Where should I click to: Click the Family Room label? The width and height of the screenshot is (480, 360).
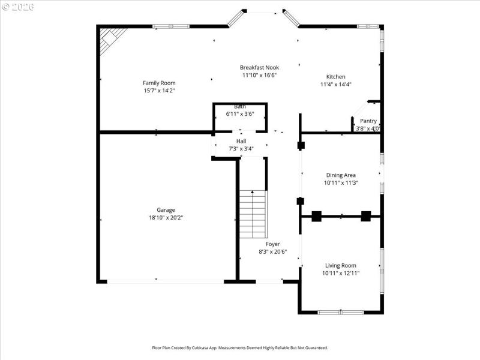pyautogui.click(x=159, y=83)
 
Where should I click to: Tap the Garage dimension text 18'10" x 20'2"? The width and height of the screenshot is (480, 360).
pyautogui.click(x=166, y=218)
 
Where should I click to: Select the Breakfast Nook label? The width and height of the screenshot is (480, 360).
pyautogui.click(x=259, y=67)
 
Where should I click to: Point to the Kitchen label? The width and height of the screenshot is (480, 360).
pyautogui.click(x=335, y=77)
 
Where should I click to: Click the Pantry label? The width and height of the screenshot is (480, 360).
pyautogui.click(x=368, y=121)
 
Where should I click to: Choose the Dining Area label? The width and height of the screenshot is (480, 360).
pyautogui.click(x=341, y=175)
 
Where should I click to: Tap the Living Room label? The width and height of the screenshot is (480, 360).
pyautogui.click(x=341, y=265)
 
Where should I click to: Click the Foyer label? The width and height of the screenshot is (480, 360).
pyautogui.click(x=273, y=244)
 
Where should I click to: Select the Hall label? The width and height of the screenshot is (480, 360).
pyautogui.click(x=241, y=141)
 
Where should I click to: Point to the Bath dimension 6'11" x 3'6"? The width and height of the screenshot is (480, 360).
pyautogui.click(x=240, y=113)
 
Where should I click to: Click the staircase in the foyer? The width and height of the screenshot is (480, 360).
pyautogui.click(x=253, y=214)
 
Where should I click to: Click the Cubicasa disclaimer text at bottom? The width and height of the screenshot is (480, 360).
pyautogui.click(x=239, y=347)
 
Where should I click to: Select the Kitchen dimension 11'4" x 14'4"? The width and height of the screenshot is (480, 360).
pyautogui.click(x=335, y=85)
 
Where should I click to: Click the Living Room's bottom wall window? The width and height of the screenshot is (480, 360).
pyautogui.click(x=340, y=312)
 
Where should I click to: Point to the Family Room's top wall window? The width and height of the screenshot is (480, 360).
pyautogui.click(x=171, y=26)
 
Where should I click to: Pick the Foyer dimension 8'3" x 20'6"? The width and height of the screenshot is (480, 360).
pyautogui.click(x=273, y=252)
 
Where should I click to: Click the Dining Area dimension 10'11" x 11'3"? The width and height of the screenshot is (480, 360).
pyautogui.click(x=341, y=183)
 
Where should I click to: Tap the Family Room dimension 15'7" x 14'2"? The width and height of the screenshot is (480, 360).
pyautogui.click(x=159, y=91)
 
